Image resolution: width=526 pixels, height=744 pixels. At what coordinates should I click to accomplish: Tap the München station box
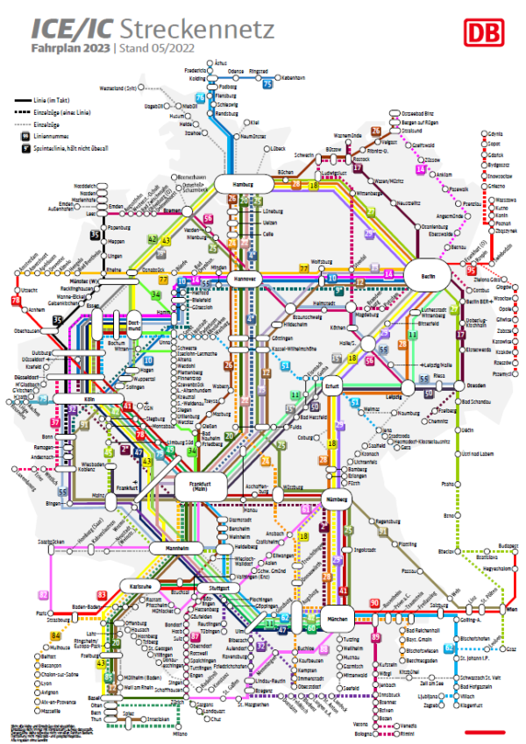click(338, 618)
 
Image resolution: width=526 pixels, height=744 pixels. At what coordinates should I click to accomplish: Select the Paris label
click(40, 614)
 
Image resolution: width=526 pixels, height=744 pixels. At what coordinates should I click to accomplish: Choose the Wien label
click(510, 609)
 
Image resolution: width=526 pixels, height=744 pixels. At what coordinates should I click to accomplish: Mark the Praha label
click(447, 483)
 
